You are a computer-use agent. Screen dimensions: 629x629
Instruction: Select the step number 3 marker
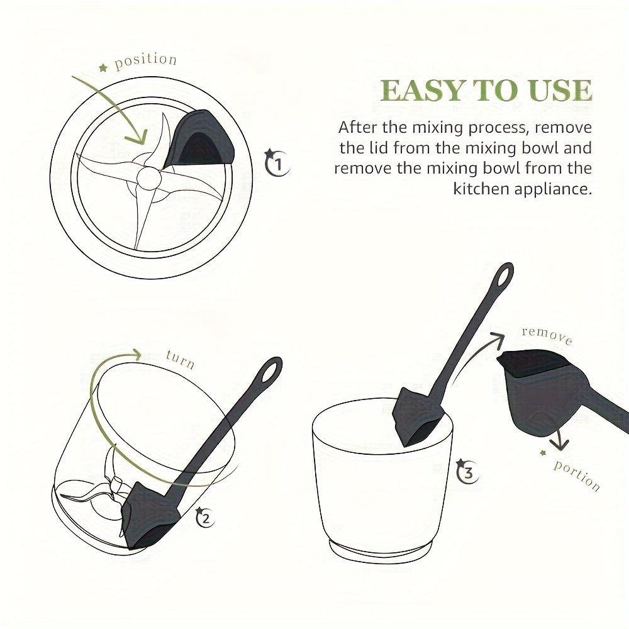[x=467, y=472]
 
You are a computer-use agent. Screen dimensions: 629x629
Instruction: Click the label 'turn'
[x=180, y=360]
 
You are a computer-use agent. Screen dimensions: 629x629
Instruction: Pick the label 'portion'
[x=576, y=476]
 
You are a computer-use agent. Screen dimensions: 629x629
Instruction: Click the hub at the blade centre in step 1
[x=148, y=178]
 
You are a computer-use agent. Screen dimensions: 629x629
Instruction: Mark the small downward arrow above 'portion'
[x=557, y=443]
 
